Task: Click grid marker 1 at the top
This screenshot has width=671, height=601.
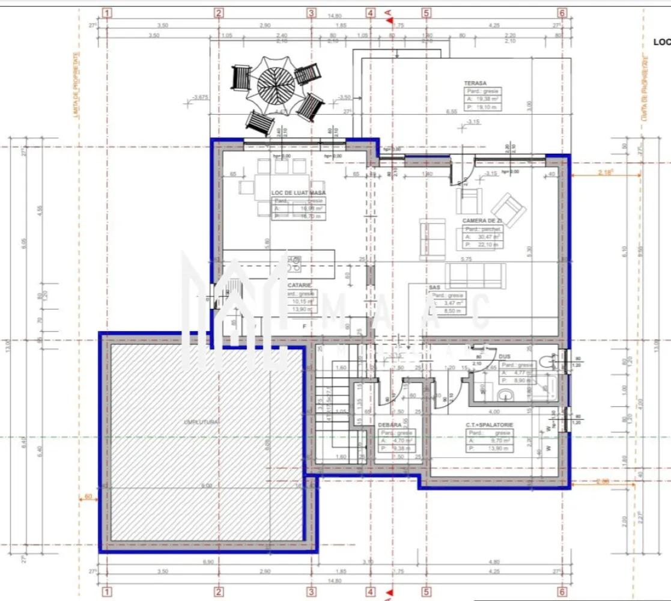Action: click(107, 12)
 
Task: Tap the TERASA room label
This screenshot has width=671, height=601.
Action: click(475, 84)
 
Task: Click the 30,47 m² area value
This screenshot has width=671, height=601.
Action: click(484, 237)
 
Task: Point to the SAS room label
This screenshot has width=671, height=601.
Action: click(435, 288)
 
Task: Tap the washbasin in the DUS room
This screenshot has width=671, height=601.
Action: click(506, 394)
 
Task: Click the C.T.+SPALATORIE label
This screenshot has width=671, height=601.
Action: click(489, 425)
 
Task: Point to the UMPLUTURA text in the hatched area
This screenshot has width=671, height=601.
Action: click(202, 422)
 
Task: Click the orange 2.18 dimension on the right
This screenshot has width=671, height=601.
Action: click(606, 172)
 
